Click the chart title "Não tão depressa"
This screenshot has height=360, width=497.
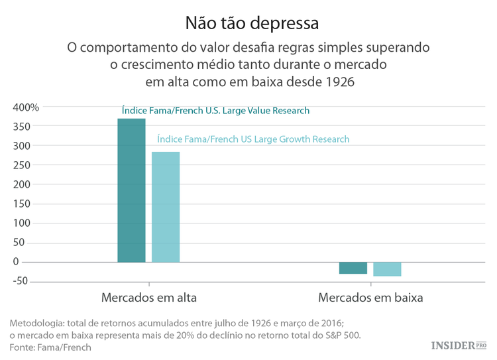click(x=252, y=23)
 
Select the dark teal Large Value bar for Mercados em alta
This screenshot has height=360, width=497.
click(x=131, y=190)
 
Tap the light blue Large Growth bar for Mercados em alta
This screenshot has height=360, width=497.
click(x=166, y=207)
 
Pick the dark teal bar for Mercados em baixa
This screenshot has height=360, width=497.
click(x=353, y=268)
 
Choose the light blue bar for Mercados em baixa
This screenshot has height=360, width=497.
click(x=387, y=269)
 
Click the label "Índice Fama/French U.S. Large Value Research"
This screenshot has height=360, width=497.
click(x=215, y=111)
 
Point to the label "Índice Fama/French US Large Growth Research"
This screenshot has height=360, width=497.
click(x=253, y=139)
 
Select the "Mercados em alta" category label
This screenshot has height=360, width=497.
click(x=148, y=298)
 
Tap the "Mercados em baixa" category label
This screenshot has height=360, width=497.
click(x=370, y=298)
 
